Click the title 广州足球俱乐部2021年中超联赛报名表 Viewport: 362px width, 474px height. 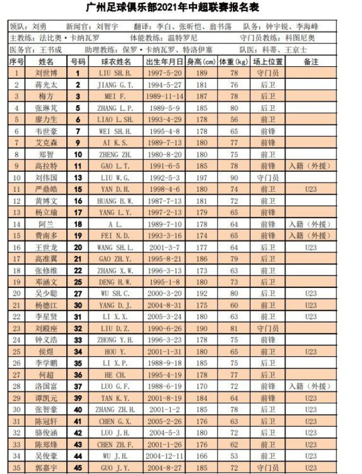click(x=181, y=8)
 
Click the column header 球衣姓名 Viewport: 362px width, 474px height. click(x=116, y=61)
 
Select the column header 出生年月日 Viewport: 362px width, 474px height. click(x=164, y=61)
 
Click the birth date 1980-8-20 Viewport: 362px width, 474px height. click(x=164, y=154)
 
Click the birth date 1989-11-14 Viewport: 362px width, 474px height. click(x=164, y=96)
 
